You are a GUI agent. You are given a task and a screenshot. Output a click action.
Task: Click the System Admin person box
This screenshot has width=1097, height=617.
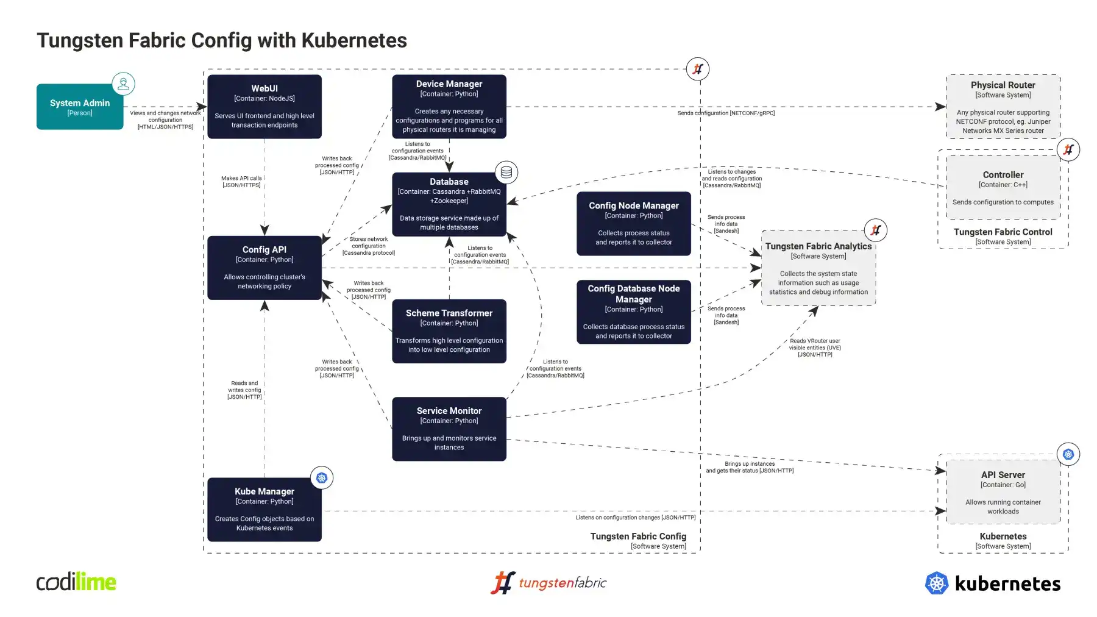click(x=80, y=107)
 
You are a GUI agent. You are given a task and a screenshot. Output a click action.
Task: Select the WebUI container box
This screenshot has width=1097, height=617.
click(x=264, y=107)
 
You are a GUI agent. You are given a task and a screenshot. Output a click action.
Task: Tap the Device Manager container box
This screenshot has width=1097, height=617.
click(x=449, y=107)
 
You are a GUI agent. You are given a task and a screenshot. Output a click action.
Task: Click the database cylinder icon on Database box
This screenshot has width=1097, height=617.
click(x=506, y=173)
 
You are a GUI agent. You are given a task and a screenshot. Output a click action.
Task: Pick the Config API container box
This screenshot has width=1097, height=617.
click(x=264, y=268)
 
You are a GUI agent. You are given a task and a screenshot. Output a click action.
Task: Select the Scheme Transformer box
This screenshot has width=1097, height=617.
click(x=449, y=331)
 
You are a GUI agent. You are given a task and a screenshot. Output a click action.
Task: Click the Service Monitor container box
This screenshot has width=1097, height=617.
click(x=449, y=429)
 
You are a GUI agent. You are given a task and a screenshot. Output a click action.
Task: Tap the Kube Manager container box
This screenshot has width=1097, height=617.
click(x=264, y=510)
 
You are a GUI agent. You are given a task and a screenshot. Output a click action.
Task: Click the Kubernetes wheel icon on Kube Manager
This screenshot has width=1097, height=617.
click(x=322, y=478)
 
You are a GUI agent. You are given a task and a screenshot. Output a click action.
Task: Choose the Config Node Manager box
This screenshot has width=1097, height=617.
click(x=634, y=224)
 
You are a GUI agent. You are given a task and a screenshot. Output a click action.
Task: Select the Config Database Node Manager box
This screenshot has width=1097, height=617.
click(x=634, y=312)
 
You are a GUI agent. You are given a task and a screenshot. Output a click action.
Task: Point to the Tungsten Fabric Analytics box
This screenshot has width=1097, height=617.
click(x=818, y=268)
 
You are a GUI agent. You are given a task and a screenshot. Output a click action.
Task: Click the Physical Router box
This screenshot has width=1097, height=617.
click(x=1003, y=107)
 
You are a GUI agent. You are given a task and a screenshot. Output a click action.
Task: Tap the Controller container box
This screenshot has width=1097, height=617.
click(x=1003, y=187)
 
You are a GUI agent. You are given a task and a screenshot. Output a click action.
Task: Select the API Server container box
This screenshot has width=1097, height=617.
click(x=1003, y=492)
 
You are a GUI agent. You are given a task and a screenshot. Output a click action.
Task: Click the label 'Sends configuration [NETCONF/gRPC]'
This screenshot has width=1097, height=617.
click(x=726, y=113)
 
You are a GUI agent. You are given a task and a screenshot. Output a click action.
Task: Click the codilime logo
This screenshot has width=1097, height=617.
click(x=76, y=582)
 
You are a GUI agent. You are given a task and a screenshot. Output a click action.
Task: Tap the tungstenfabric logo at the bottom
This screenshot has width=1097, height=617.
click(x=548, y=583)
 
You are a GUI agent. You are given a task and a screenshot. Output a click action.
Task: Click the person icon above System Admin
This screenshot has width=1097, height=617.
click(x=123, y=84)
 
